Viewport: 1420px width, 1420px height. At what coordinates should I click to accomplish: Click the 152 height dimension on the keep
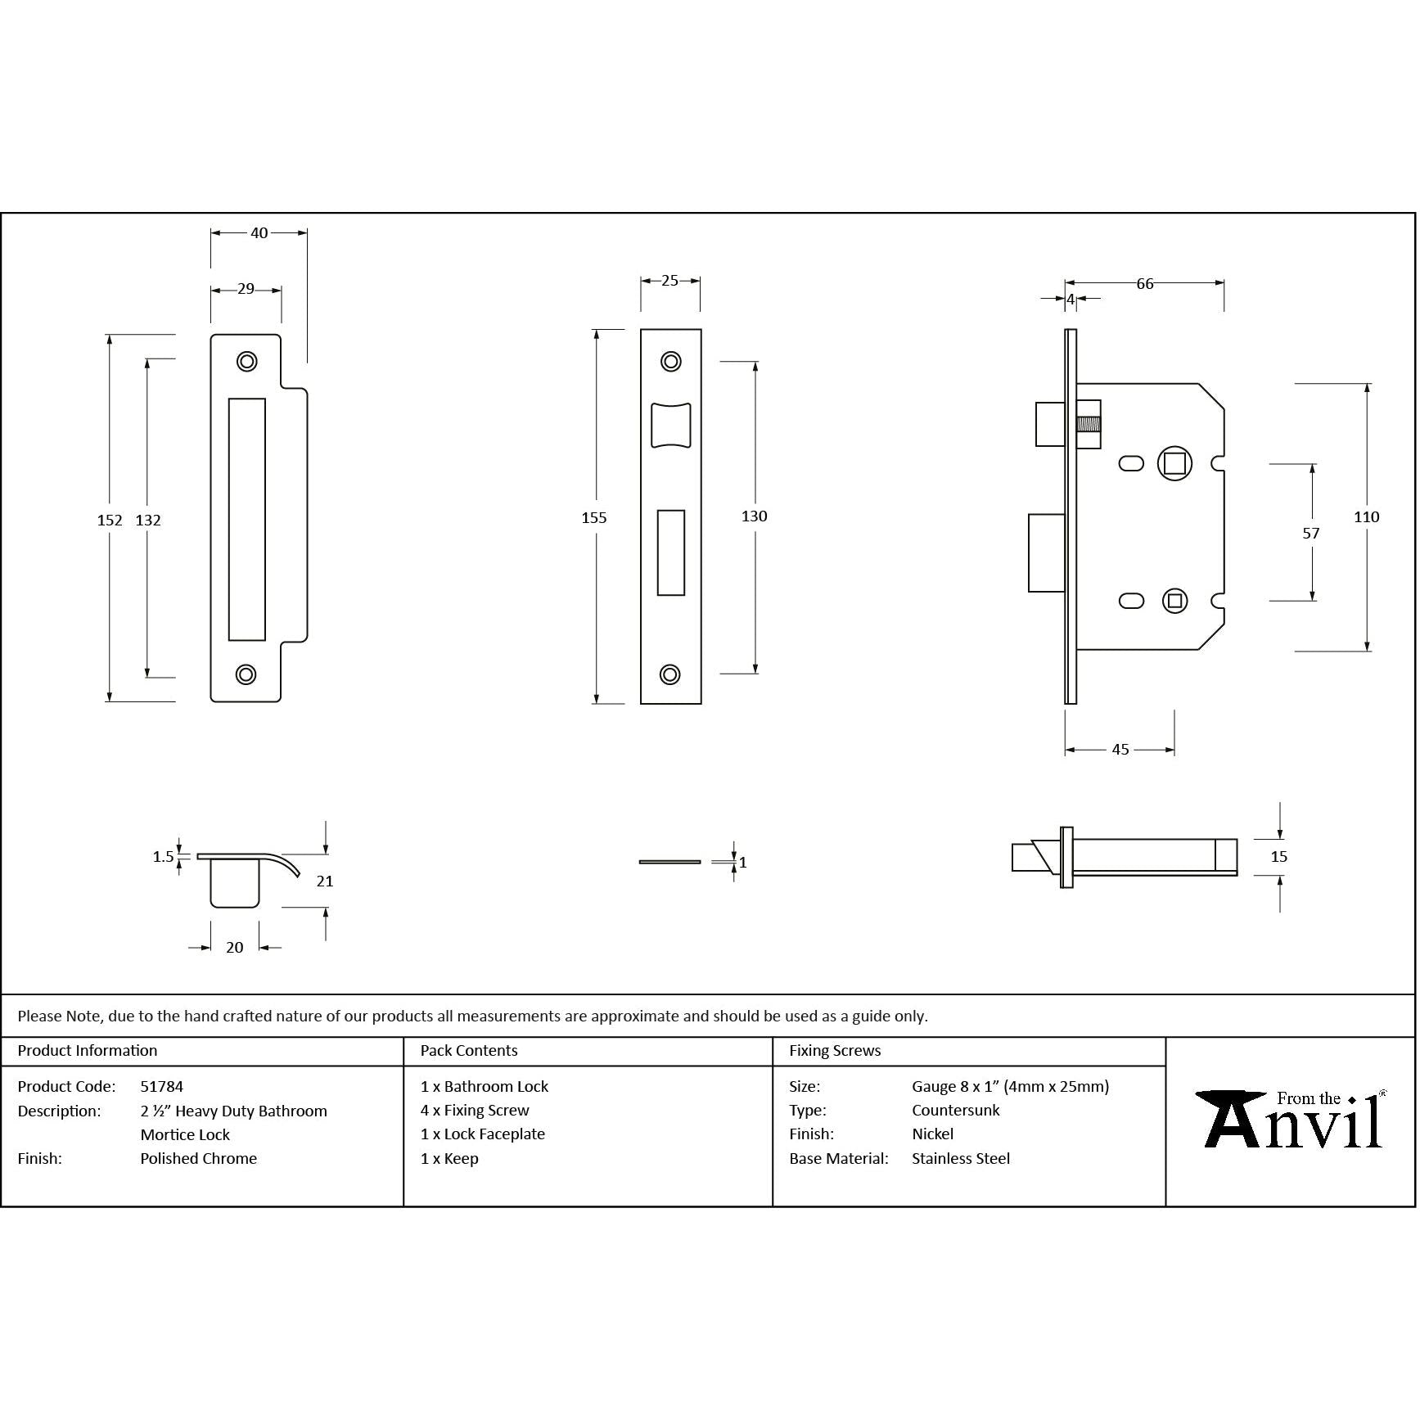[x=110, y=521]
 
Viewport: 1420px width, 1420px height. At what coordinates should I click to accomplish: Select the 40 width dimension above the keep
[x=259, y=233]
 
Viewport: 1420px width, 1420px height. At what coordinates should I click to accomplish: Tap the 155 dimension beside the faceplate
[x=594, y=517]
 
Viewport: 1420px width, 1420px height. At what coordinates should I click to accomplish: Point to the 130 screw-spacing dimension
[x=755, y=516]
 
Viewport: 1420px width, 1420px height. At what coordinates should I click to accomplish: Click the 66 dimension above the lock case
[x=1145, y=284]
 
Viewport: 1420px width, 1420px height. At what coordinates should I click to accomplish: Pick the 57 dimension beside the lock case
[x=1311, y=534]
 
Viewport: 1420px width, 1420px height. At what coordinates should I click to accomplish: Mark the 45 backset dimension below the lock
[x=1120, y=750]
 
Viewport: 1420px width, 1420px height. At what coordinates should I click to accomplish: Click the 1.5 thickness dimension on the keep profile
[x=164, y=857]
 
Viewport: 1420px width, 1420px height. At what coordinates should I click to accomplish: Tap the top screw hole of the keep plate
[x=246, y=362]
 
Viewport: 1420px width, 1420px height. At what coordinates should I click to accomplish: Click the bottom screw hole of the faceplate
[x=670, y=674]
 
